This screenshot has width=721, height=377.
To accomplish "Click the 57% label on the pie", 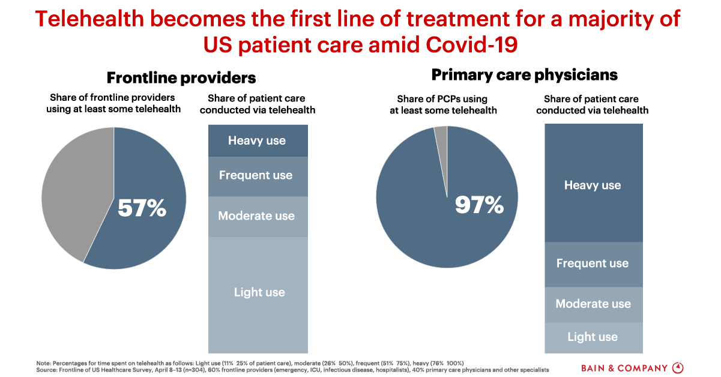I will (x=142, y=208).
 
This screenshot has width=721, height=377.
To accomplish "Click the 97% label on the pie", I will (x=478, y=205).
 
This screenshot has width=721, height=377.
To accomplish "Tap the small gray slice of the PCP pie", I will (x=441, y=135).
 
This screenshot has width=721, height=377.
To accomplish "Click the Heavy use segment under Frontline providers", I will (x=257, y=140).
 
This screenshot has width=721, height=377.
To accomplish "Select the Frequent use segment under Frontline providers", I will (x=257, y=176).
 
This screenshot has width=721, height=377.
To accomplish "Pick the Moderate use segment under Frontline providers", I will (x=257, y=216).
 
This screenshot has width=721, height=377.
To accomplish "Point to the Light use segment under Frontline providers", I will (x=259, y=292).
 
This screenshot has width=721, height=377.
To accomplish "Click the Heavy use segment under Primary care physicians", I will (x=593, y=185).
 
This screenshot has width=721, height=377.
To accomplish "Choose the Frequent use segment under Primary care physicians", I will (x=593, y=264).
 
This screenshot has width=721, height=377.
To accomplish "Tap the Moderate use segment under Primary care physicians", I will (x=593, y=304).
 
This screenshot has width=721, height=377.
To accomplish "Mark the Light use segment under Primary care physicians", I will (x=593, y=337).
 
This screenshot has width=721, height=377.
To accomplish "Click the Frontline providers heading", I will (x=181, y=77).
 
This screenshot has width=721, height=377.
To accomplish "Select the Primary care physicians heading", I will (x=524, y=75).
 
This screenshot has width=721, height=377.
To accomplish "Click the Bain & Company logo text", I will (x=624, y=367).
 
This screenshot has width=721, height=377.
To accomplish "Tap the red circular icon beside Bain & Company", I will (x=678, y=367).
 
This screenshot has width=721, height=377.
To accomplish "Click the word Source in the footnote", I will (x=47, y=370).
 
